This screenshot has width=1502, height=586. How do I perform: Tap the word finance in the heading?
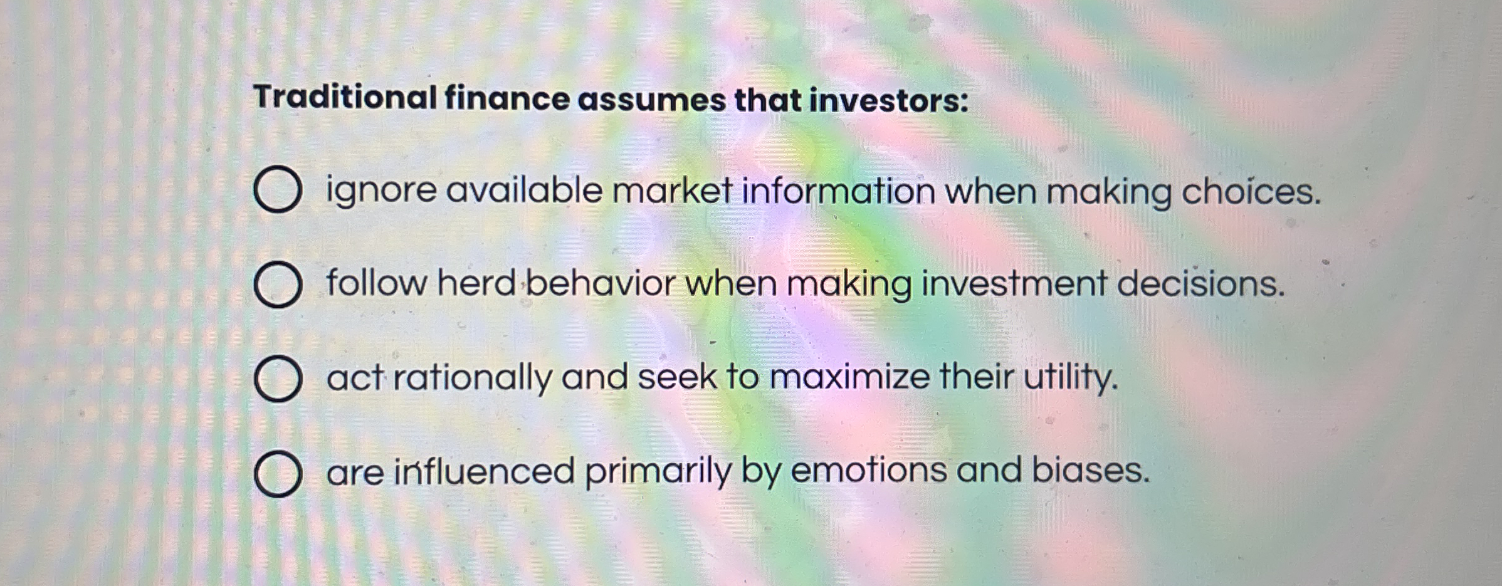(507, 99)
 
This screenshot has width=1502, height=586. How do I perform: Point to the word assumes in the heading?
(651, 100)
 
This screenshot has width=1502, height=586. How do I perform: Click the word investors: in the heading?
(888, 101)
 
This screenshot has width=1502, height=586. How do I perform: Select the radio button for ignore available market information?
(278, 189)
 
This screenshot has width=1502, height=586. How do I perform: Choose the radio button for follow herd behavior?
(278, 285)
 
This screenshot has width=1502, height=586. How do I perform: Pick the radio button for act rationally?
(278, 379)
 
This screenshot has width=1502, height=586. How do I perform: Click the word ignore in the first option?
(381, 191)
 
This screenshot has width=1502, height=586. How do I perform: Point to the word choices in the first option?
(1250, 192)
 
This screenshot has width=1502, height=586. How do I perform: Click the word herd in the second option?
(476, 283)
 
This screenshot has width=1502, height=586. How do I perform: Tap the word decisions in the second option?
(1200, 284)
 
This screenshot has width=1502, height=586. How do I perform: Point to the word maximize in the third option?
(849, 377)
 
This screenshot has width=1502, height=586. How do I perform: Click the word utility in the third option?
(1070, 377)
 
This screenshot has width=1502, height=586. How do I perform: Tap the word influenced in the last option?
(484, 471)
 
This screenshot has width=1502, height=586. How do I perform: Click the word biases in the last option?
(1090, 470)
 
